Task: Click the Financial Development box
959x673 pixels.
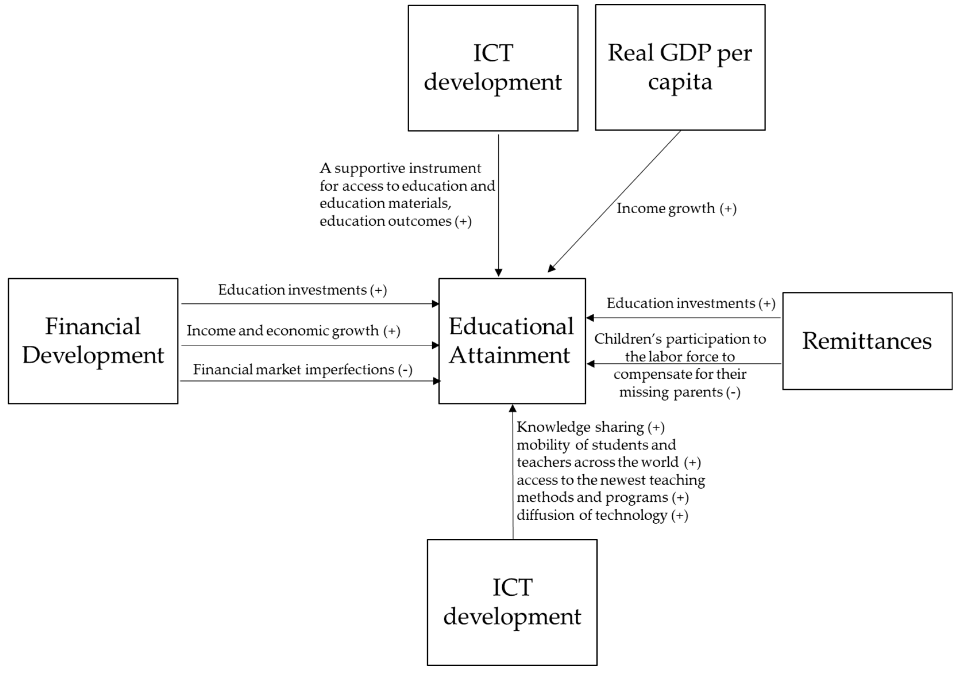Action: tap(93, 341)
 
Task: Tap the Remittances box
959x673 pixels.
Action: tap(867, 341)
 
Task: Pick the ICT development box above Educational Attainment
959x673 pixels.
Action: tap(493, 68)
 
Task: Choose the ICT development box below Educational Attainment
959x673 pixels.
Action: tap(512, 602)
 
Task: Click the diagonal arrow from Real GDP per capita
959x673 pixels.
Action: tap(614, 201)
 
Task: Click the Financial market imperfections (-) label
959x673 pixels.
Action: tap(302, 369)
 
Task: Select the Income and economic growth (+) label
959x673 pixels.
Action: tap(293, 331)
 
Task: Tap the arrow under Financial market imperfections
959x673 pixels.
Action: tap(309, 381)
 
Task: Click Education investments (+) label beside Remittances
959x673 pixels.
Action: tap(691, 303)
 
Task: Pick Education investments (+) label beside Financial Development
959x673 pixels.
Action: tap(302, 290)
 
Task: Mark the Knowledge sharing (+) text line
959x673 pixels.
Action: tap(590, 427)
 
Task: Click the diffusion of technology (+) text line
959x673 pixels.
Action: tap(602, 515)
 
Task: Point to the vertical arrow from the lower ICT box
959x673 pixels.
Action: tap(513, 472)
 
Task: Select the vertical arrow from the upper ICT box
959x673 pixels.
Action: tap(498, 205)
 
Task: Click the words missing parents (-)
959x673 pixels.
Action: tap(680, 392)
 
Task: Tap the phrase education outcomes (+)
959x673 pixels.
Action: tap(395, 221)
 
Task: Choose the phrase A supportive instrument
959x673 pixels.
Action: tap(400, 168)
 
